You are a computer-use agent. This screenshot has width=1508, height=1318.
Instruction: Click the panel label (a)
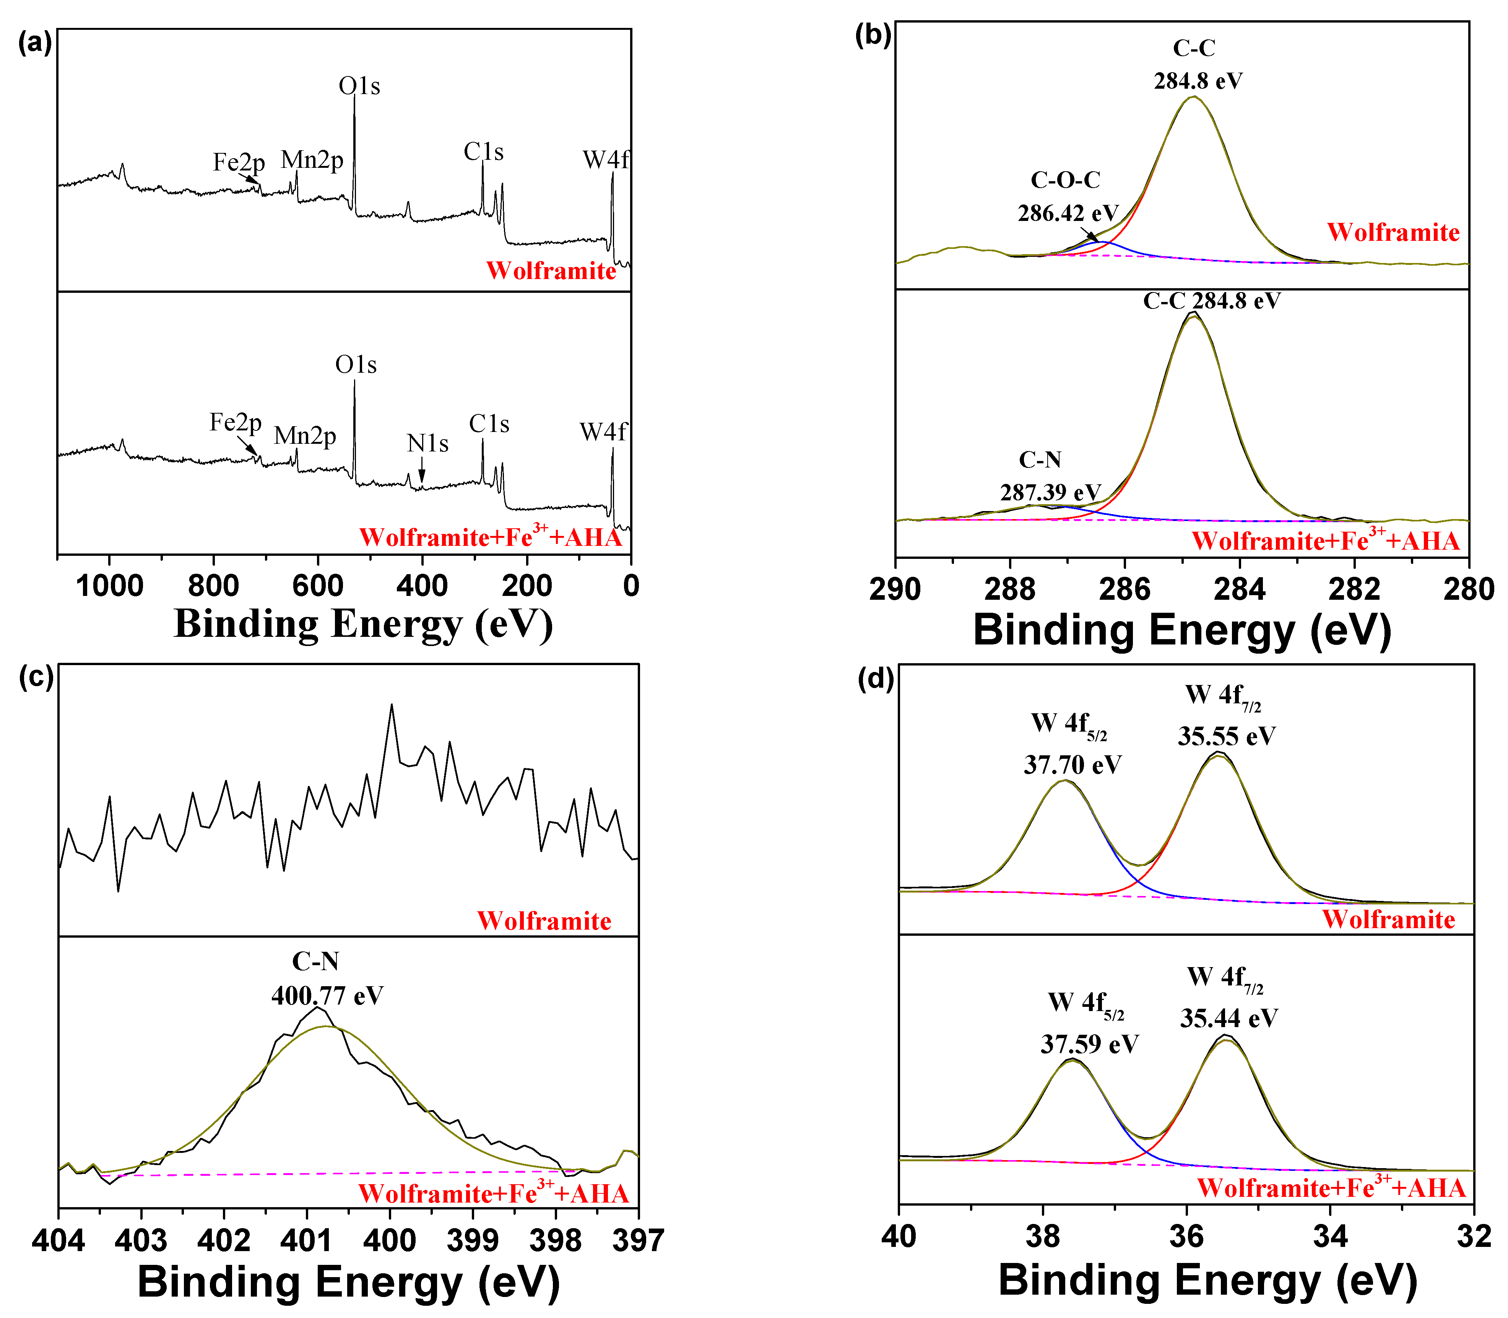click(34, 44)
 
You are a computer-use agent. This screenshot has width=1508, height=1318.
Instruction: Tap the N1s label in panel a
click(427, 443)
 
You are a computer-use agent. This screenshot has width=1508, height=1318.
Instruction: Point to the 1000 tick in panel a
click(110, 586)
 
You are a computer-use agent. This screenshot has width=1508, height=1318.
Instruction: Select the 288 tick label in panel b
click(1010, 590)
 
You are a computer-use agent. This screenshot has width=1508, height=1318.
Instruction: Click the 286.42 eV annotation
click(1068, 213)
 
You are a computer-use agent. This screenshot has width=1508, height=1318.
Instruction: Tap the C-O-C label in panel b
click(1065, 180)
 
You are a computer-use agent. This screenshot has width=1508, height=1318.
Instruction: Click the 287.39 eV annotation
click(1050, 492)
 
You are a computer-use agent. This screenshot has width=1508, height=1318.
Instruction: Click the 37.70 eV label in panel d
click(1072, 765)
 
